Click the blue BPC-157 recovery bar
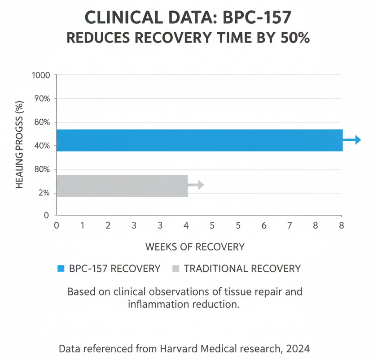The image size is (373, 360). (199, 140)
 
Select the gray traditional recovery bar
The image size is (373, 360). (122, 186)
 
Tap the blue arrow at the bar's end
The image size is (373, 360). (352, 140)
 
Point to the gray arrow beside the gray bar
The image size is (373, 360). (196, 185)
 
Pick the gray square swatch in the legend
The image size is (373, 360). (176, 269)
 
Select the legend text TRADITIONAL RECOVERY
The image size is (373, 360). (242, 269)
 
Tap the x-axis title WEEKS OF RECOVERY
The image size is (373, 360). (195, 247)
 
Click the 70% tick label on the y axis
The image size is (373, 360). (41, 99)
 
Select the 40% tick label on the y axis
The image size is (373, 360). (41, 146)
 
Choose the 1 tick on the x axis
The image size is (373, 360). (82, 226)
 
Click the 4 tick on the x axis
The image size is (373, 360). (186, 226)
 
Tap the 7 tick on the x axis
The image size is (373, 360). (290, 226)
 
